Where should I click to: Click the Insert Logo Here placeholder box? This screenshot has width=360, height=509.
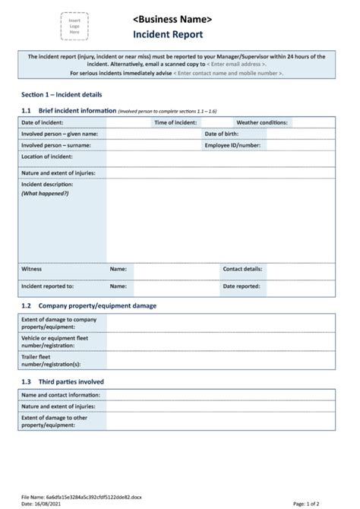point(74,27)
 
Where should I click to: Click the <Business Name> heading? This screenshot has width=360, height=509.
point(172,19)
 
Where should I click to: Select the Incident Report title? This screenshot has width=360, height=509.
point(168,35)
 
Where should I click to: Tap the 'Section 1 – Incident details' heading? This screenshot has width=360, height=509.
point(62,94)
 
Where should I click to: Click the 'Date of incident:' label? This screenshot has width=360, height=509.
point(43,122)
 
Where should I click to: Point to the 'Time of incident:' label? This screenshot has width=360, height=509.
point(175,122)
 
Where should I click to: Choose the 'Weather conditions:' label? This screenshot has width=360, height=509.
point(261,122)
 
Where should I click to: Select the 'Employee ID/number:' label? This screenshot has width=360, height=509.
point(232,145)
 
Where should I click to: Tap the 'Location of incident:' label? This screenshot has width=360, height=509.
point(47,156)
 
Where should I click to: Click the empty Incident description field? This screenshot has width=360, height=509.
point(220,220)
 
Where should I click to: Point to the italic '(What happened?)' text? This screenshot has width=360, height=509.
point(45,194)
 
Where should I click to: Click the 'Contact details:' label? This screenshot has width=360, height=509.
point(242,269)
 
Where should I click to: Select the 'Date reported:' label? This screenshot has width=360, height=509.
point(241,286)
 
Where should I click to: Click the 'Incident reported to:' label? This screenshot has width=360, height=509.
point(47,286)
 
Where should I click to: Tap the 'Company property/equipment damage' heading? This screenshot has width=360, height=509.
point(97,305)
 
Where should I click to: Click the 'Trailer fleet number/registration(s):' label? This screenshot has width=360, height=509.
point(50,359)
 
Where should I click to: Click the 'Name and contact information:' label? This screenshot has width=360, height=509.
point(61,395)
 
